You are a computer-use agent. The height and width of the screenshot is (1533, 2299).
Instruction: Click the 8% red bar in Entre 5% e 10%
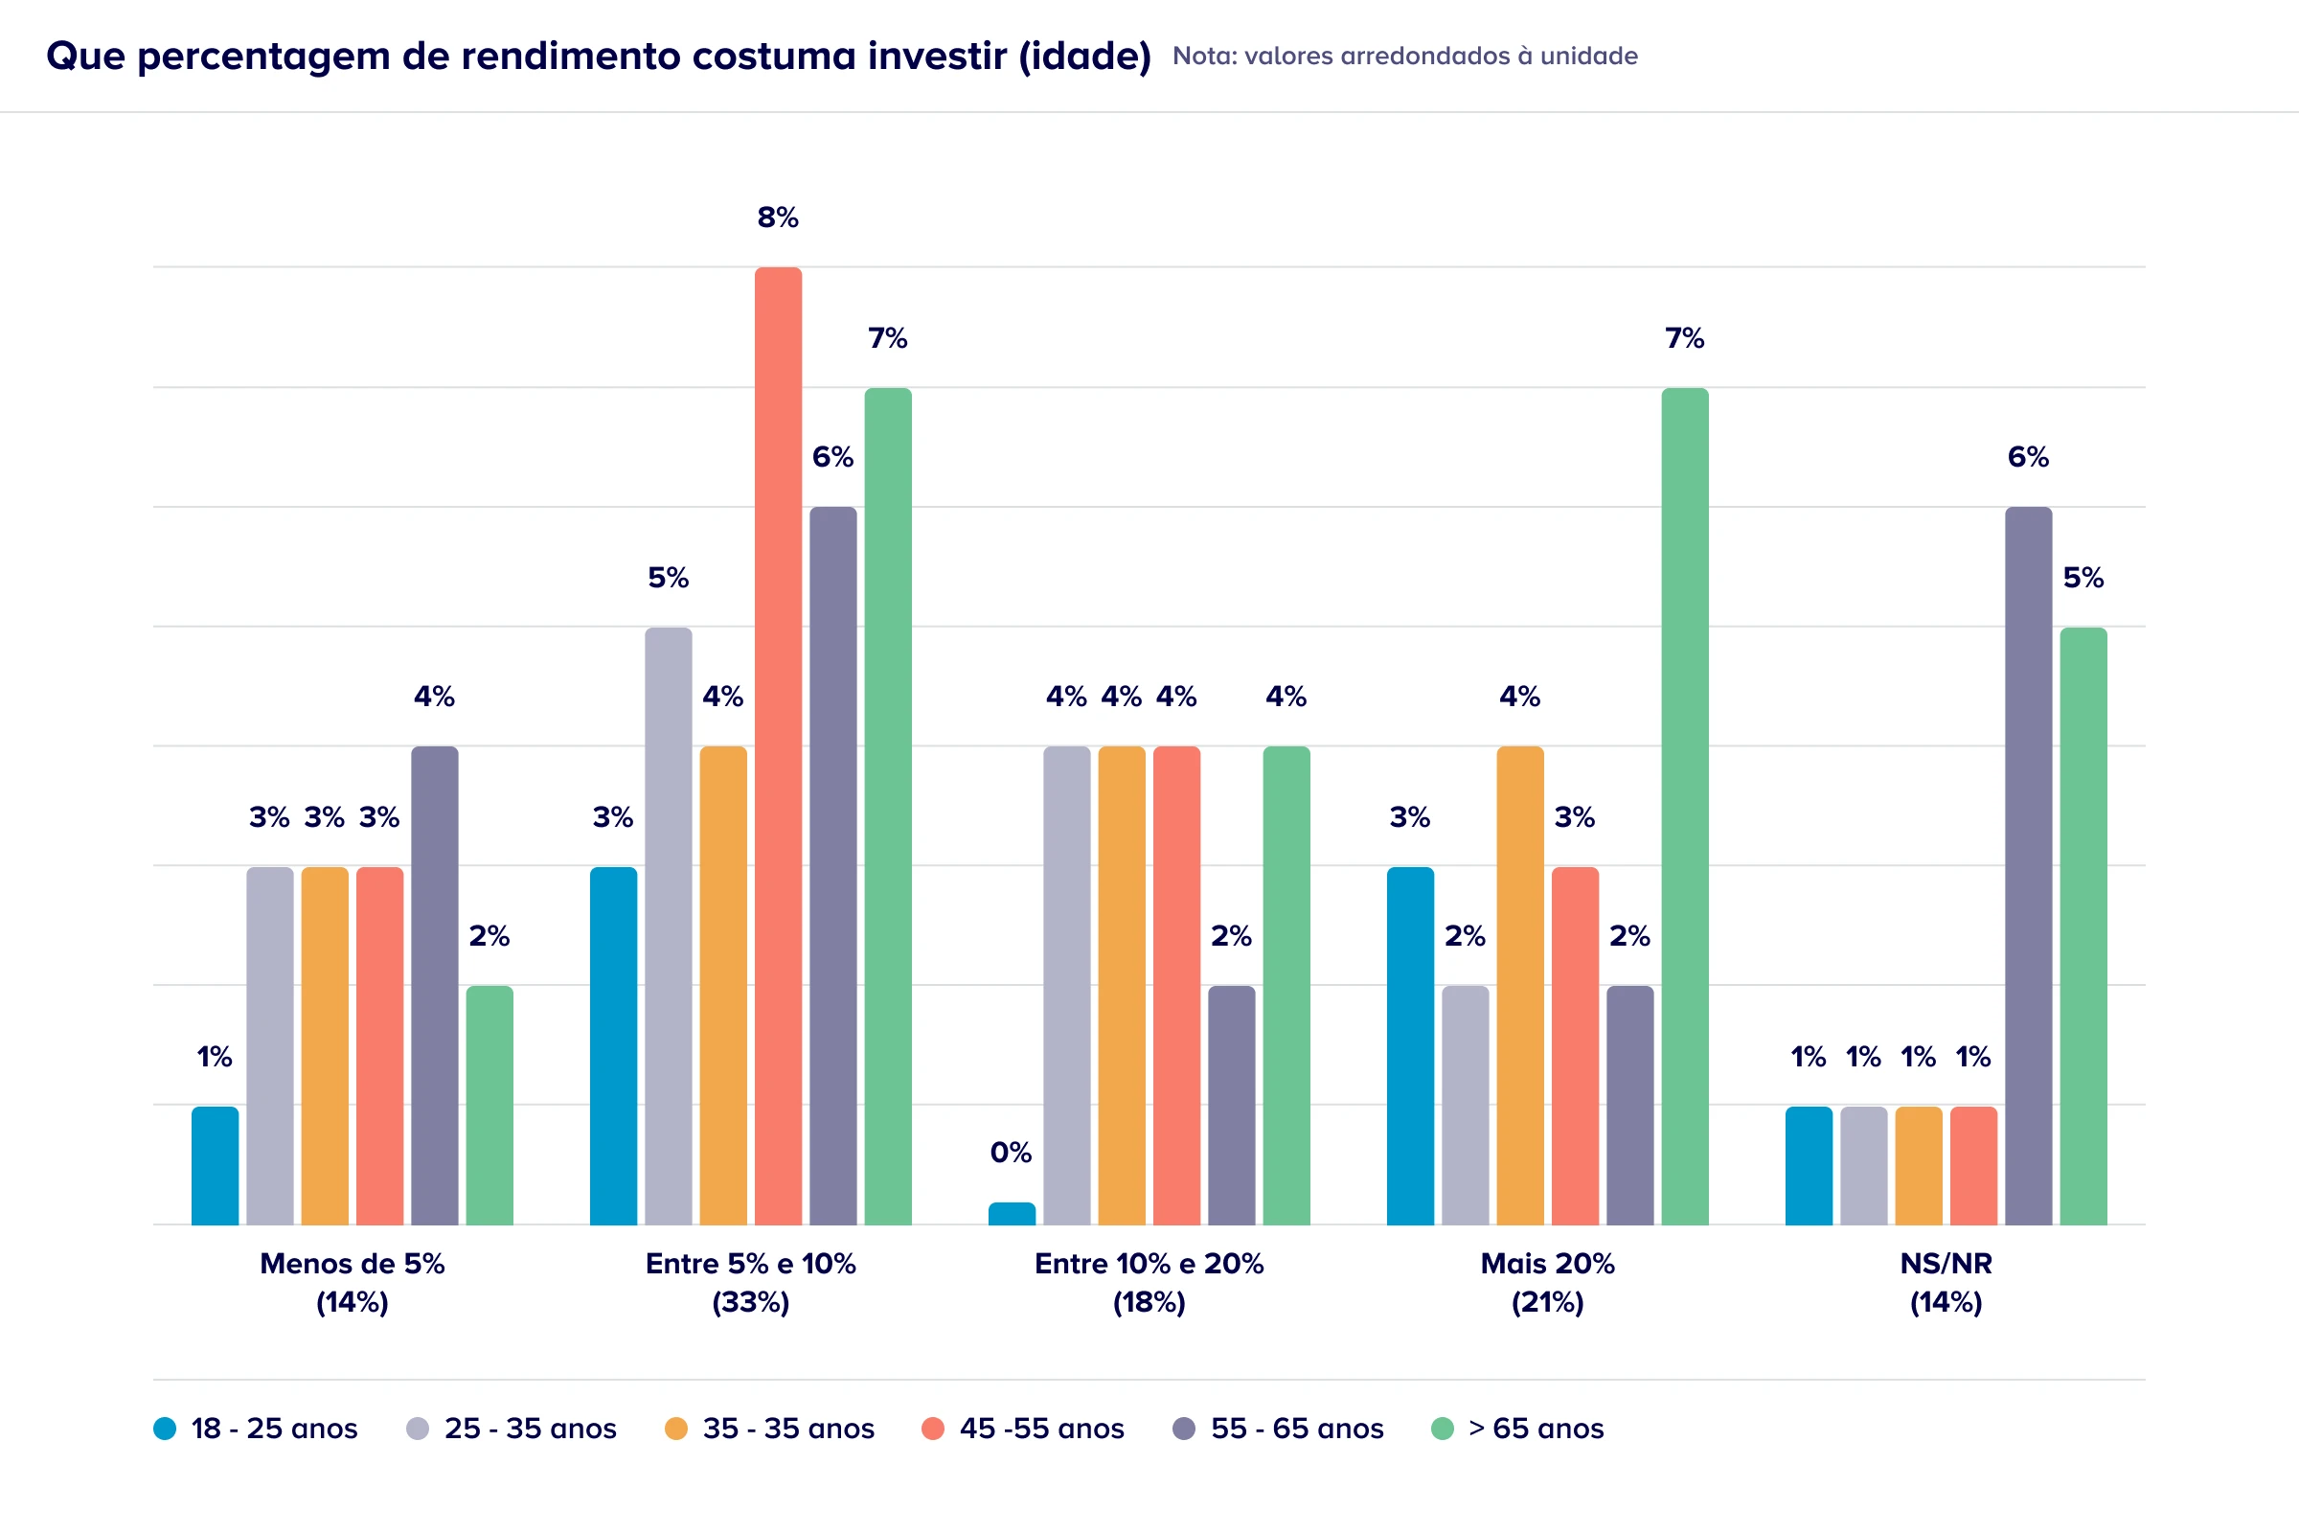pos(778,745)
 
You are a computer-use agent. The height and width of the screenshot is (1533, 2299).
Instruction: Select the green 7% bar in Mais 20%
pos(1685,806)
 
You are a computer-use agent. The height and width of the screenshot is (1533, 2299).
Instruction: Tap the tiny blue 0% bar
pos(1012,1213)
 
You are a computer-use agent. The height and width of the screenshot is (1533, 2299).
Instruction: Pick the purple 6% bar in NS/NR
pos(2028,865)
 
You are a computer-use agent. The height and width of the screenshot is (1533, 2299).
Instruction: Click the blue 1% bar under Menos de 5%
pos(215,1165)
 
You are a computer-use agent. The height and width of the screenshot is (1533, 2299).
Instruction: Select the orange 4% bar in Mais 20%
pos(1520,986)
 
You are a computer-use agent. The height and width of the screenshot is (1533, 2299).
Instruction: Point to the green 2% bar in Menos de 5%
pos(489,1105)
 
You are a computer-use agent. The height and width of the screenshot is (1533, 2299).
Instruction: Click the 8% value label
pos(778,217)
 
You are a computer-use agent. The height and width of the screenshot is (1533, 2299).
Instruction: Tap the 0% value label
pos(1011,1153)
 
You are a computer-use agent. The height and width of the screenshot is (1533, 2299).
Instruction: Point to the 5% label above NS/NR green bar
pos(2083,578)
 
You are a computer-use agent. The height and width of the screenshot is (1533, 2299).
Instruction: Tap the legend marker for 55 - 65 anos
pos(1184,1429)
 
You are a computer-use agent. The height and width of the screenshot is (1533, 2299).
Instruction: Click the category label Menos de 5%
pos(352,1263)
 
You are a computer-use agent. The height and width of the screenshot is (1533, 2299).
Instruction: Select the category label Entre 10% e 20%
pos(1149,1263)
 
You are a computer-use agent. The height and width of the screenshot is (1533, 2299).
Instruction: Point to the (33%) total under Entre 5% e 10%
pos(751,1302)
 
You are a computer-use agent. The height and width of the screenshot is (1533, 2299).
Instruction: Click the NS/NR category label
pos(1946,1263)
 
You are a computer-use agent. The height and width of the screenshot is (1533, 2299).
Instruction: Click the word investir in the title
pos(937,56)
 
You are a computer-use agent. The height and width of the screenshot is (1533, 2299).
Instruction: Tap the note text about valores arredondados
pos(1404,56)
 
